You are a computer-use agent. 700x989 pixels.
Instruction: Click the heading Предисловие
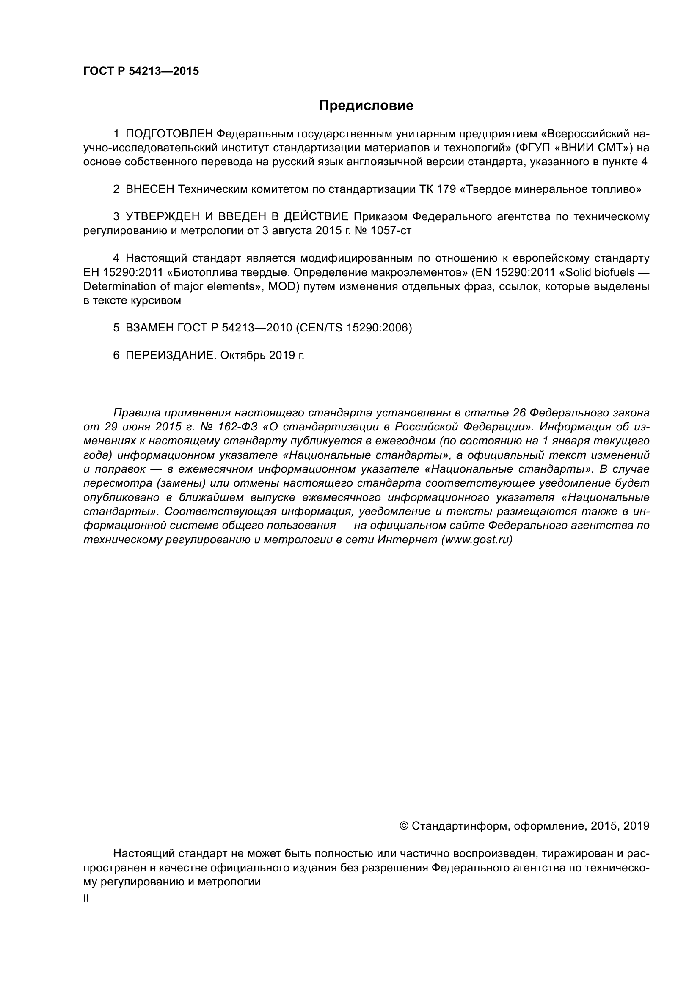pos(366,106)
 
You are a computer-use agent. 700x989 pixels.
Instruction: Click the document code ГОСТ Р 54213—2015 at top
pos(141,71)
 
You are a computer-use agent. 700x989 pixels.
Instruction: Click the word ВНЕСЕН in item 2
pos(149,189)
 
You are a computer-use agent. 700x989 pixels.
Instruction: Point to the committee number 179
pos(447,189)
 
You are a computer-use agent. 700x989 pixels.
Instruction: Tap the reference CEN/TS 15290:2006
pos(353,328)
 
